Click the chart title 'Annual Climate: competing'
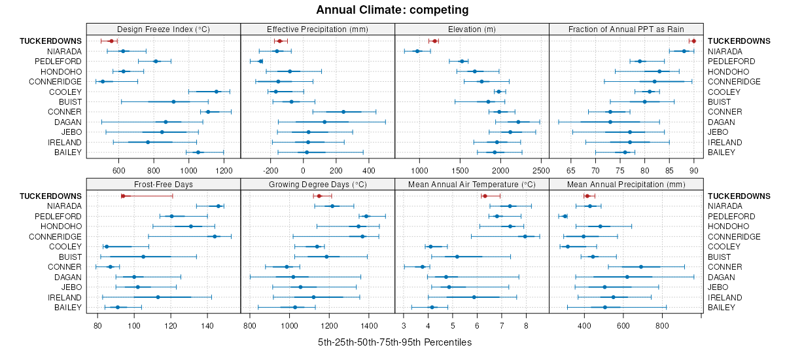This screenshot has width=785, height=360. (x=392, y=10)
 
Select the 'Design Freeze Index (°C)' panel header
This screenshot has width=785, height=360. (x=164, y=29)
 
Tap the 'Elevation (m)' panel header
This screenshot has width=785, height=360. (x=472, y=29)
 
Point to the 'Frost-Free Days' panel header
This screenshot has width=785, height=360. (x=164, y=184)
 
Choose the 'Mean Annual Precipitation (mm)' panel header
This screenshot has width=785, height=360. (x=626, y=184)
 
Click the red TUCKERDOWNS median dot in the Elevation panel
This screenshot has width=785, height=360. (x=434, y=41)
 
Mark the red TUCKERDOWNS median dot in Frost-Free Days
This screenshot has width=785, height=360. (x=123, y=196)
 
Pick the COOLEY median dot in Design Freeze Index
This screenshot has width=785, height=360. (x=217, y=92)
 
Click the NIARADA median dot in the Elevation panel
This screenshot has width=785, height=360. (x=417, y=51)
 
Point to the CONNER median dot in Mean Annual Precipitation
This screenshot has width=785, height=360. (x=641, y=266)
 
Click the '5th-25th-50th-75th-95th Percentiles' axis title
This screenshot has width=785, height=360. (x=394, y=342)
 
